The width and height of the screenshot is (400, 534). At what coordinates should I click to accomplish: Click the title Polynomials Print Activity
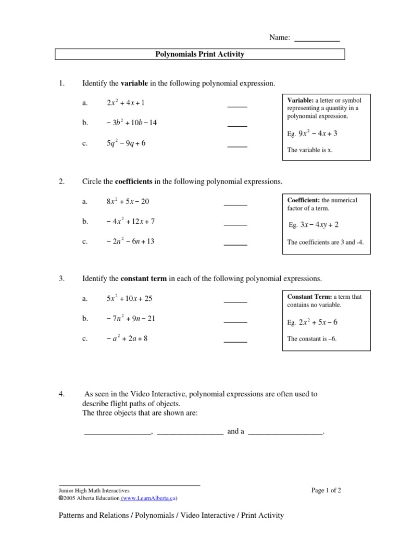pyautogui.click(x=200, y=54)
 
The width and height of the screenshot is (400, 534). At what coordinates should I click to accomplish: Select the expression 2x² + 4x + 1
pyautogui.click(x=126, y=103)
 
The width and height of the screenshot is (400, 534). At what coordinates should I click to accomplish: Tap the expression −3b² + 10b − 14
pyautogui.click(x=131, y=123)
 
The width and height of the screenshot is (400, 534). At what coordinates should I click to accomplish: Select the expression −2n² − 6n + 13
pyautogui.click(x=130, y=241)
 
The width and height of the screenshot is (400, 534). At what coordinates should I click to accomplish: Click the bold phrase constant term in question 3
pyautogui.click(x=144, y=279)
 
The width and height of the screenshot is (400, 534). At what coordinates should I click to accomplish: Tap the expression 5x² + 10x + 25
pyautogui.click(x=129, y=299)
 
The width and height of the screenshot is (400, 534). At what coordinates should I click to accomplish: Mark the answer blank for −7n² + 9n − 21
pyautogui.click(x=235, y=322)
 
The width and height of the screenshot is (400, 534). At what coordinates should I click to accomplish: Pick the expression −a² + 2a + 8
pyautogui.click(x=127, y=338)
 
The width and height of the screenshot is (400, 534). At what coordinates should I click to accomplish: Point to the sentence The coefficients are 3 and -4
pyautogui.click(x=321, y=242)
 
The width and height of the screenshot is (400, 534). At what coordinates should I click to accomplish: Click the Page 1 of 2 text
pyautogui.click(x=326, y=490)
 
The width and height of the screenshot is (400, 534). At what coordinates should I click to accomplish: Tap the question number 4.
pyautogui.click(x=61, y=394)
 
